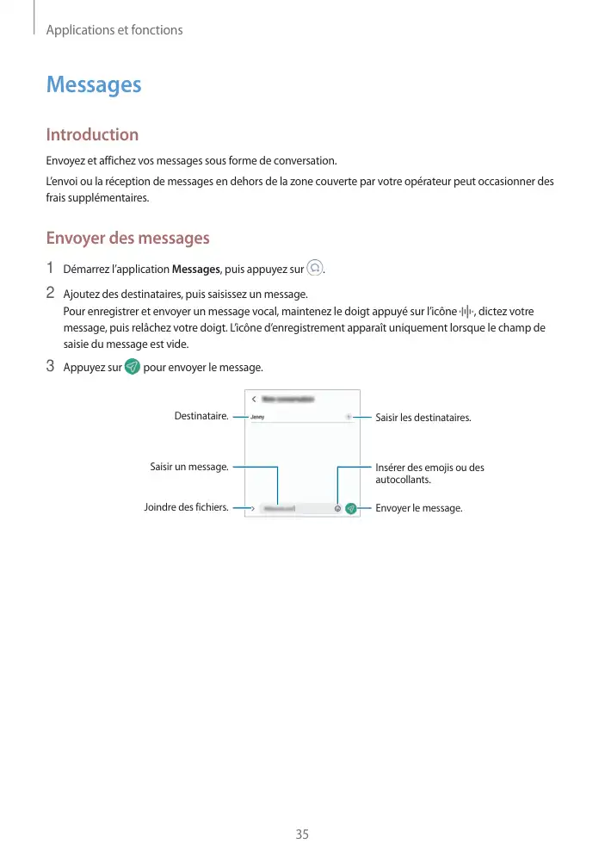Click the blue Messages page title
tap(94, 85)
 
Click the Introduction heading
tap(92, 134)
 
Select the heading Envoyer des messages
tap(127, 238)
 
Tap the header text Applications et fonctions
tap(114, 30)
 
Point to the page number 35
tap(302, 834)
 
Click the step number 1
tap(51, 268)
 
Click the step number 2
tap(51, 293)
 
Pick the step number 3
tap(51, 367)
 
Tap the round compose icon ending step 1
tap(316, 268)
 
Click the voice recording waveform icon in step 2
tap(466, 311)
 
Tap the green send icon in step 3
tap(133, 367)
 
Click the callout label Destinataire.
tap(201, 416)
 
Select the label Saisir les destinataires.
tap(423, 418)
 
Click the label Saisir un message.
tap(189, 468)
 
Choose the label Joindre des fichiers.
tap(186, 508)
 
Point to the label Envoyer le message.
tap(419, 508)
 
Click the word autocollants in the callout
tap(403, 480)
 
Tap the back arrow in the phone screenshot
tap(254, 400)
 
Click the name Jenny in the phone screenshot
tap(257, 417)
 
